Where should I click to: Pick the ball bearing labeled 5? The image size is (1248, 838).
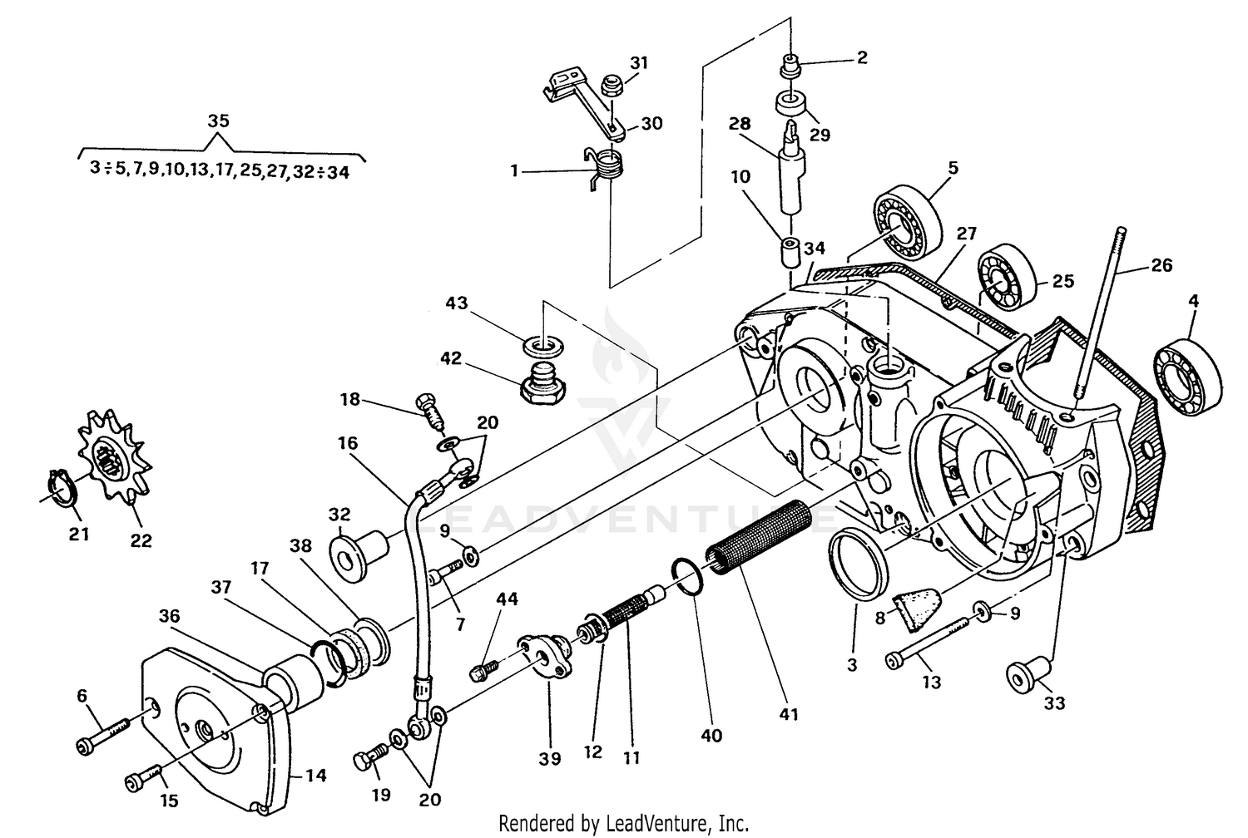click(907, 222)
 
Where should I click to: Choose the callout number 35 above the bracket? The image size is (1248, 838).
click(218, 121)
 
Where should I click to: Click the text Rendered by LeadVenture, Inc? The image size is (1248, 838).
click(623, 823)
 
